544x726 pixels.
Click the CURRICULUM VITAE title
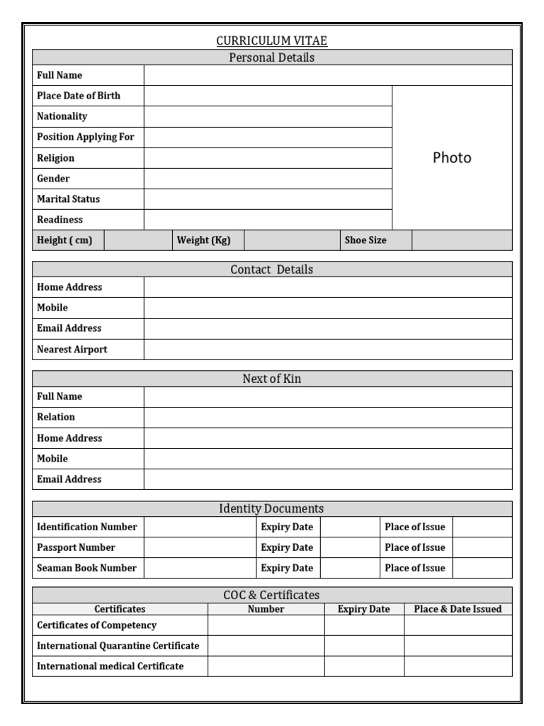coord(272,41)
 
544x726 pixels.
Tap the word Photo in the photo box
coord(451,158)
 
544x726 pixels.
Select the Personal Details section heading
coord(272,57)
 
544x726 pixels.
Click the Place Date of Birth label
coord(79,96)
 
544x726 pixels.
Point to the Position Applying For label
coord(85,137)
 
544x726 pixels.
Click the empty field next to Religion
coord(268,158)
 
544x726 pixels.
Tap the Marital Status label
coord(68,199)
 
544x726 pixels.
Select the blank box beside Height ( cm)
coord(138,240)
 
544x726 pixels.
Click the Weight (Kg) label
coord(203,240)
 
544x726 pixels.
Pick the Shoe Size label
coord(365,240)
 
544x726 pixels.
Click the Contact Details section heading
coord(272,269)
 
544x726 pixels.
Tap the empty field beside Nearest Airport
coord(327,350)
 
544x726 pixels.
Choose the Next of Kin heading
coord(272,379)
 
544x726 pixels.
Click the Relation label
coord(56,417)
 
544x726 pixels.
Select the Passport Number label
coord(76,547)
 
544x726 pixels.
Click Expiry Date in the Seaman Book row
coord(287,568)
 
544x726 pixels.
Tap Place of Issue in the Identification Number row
coord(415,527)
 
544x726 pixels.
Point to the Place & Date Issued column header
coord(458,609)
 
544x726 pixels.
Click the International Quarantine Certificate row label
coord(118,646)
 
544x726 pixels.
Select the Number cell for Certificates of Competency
coord(266,625)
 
